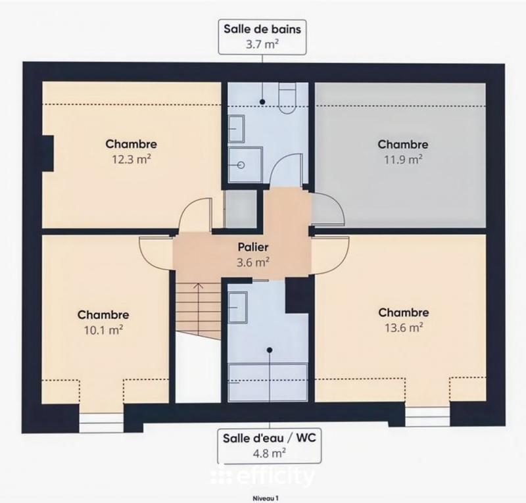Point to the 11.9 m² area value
pos(403,158)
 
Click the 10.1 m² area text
pos(103,329)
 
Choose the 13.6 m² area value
pos(403,327)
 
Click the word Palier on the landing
pos(254,248)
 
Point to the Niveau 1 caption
pos(264,498)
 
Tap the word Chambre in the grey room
pos(403,144)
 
